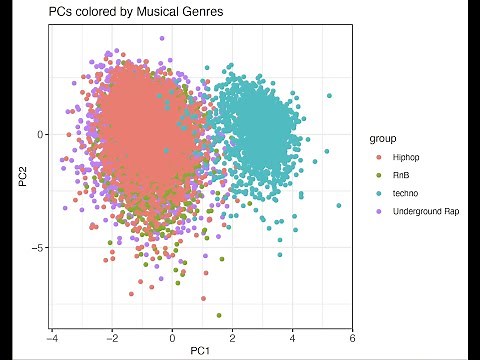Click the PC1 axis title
click(x=201, y=351)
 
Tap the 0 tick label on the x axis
click(x=172, y=336)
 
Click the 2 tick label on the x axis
click(x=232, y=336)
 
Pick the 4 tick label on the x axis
click(x=292, y=336)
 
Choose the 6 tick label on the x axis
click(x=352, y=336)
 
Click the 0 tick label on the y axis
click(x=41, y=134)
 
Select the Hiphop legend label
click(x=408, y=157)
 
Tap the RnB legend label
click(x=403, y=175)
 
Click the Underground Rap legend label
click(x=426, y=211)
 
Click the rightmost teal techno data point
click(x=339, y=206)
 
